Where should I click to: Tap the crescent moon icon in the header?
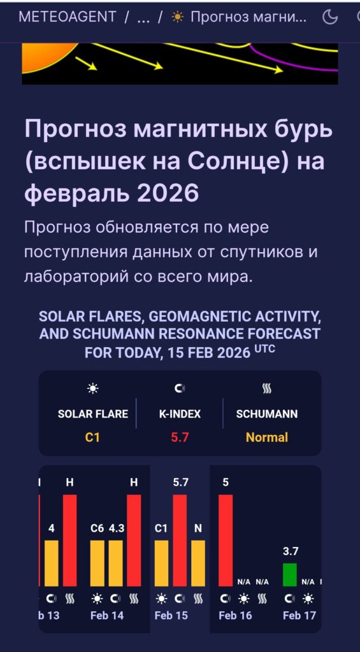330,17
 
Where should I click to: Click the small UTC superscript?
265,349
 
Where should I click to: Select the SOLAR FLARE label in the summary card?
93,414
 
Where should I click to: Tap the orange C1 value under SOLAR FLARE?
93,437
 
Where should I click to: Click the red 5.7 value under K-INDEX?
180,437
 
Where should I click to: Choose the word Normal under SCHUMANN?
267,437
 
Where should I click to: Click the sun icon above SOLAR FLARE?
93,388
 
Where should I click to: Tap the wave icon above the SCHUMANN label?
267,388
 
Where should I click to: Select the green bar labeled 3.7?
290,574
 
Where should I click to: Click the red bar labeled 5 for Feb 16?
226,540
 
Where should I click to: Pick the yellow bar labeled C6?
97,563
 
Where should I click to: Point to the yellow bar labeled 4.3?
116,563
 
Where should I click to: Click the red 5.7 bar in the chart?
180,540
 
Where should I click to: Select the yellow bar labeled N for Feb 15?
198,563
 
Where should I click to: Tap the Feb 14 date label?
107,616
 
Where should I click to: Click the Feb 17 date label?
299,616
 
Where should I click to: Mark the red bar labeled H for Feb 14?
134,540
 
